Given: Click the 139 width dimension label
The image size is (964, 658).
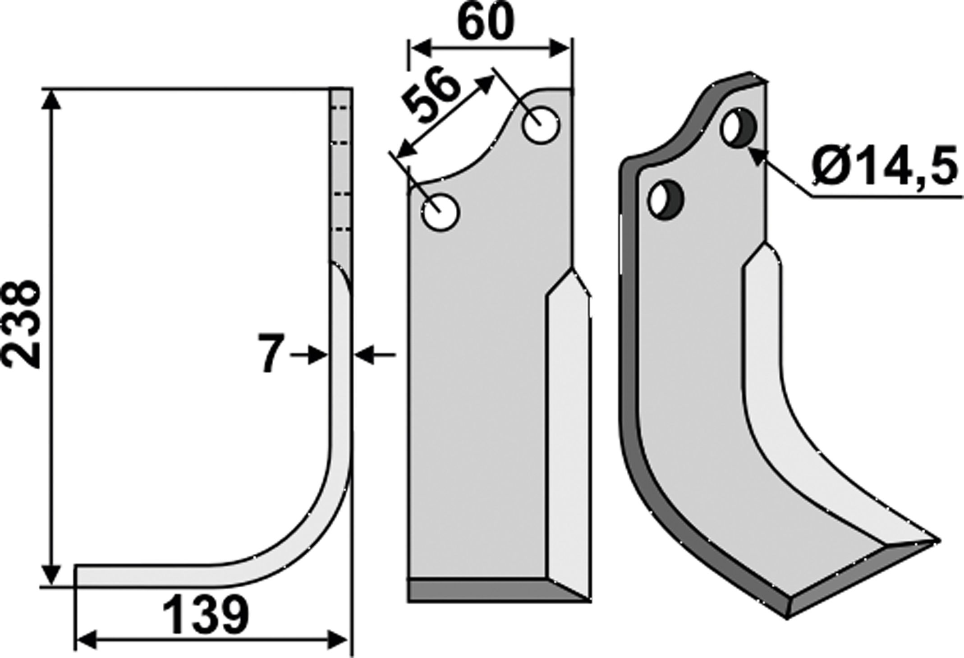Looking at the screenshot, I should point(206,615).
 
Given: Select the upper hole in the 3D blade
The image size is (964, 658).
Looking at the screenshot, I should point(739,127).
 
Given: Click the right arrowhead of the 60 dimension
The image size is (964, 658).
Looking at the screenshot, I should point(560,48).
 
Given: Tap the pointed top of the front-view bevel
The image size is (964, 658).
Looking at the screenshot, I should point(572,272).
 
